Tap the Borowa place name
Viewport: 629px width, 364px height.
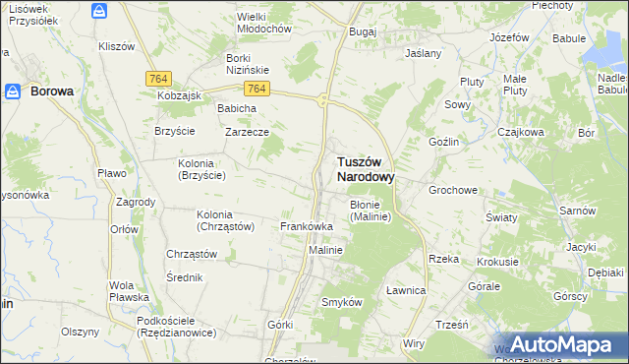tap(52, 91)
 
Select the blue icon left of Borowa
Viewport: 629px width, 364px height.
tap(14, 91)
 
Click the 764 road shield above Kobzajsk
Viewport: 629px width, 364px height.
tap(156, 78)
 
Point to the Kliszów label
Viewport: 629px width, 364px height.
tap(117, 46)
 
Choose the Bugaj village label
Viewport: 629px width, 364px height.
tap(363, 31)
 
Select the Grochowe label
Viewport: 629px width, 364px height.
tap(452, 189)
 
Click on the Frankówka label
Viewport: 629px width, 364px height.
tap(307, 226)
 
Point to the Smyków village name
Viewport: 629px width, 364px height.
tap(342, 302)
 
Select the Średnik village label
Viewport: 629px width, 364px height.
tap(184, 276)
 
